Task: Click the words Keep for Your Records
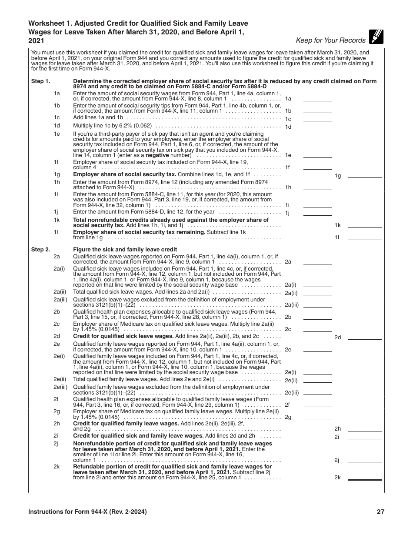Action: tap(330, 40)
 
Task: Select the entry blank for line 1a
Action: tap(317, 98)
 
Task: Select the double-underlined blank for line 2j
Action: tap(365, 460)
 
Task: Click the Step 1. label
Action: tap(41, 81)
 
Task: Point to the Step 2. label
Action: tap(41, 250)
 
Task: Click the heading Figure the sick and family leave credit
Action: tap(125, 250)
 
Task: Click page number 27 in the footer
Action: tap(380, 512)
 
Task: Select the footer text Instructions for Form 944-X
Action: tap(87, 512)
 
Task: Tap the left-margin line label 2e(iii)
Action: tap(60, 387)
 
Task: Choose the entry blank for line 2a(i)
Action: tap(317, 284)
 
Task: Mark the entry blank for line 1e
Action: tap(317, 155)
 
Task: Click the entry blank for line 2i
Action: tap(365, 436)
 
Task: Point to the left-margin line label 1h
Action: tap(57, 182)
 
